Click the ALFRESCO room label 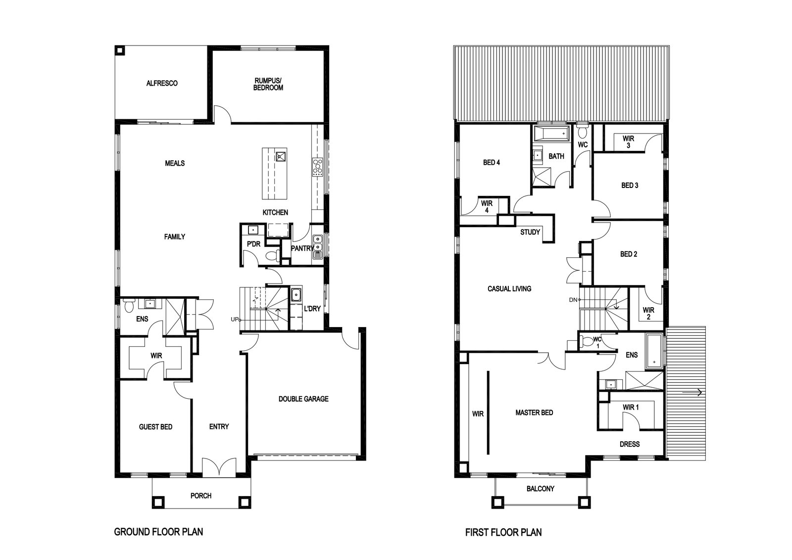[162, 84]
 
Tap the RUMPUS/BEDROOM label [268, 84]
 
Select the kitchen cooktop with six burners [317, 167]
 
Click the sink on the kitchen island [281, 156]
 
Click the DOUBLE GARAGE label [303, 399]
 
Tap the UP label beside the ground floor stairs [235, 320]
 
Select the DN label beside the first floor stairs [573, 300]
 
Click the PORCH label [201, 496]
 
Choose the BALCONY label [540, 489]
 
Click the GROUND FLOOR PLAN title [158, 532]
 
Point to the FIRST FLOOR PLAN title [503, 532]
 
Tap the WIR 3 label [628, 141]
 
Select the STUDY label [530, 232]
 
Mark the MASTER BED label [534, 412]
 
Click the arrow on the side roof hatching [692, 392]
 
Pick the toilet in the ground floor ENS [129, 305]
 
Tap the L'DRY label [312, 308]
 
